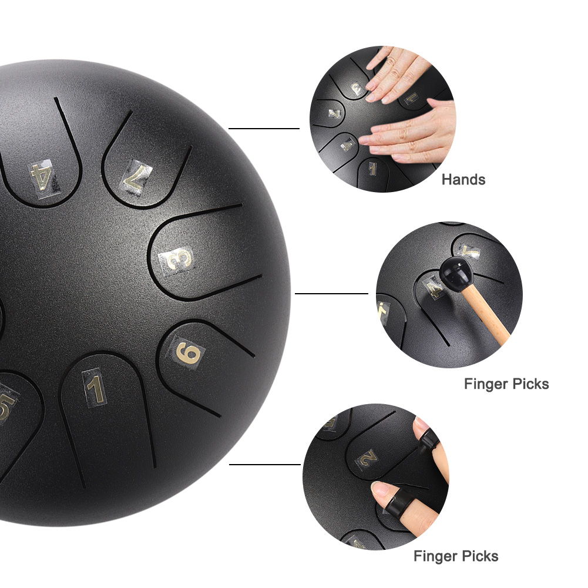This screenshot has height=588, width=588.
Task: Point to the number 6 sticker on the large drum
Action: click(x=189, y=353)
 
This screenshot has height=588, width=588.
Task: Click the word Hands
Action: click(x=463, y=180)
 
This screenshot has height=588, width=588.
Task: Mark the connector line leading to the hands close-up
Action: click(x=264, y=129)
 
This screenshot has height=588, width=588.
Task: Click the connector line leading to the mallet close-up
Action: click(x=331, y=294)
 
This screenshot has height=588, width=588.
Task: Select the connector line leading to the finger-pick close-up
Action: click(x=265, y=465)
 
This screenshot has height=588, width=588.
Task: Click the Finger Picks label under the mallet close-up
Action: click(x=506, y=384)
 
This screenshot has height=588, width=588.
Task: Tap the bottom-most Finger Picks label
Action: click(x=456, y=556)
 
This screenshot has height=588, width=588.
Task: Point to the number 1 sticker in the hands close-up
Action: click(x=372, y=169)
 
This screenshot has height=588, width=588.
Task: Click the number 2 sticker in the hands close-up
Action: click(x=335, y=113)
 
